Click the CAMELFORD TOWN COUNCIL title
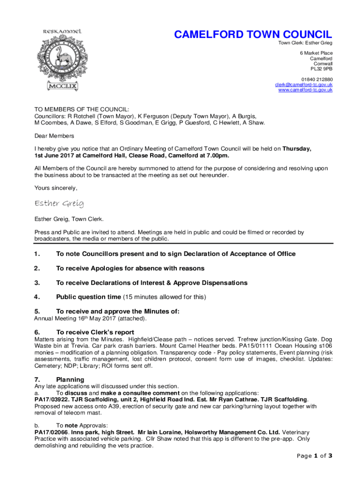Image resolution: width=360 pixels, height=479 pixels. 253,35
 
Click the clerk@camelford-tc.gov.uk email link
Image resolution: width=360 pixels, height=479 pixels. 303,85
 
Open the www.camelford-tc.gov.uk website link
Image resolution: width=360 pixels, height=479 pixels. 305,90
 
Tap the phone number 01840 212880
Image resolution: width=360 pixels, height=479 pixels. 317,80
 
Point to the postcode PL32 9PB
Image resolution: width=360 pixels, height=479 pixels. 322,69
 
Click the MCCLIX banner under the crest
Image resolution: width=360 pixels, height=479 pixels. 62,86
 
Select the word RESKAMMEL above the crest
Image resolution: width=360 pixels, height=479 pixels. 62,31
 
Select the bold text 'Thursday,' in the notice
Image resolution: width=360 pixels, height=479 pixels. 297,149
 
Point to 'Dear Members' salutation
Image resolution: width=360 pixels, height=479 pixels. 54,136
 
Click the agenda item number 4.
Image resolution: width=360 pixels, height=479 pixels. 37,297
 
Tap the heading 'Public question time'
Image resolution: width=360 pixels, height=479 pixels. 88,297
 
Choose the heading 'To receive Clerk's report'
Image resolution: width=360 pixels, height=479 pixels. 99,332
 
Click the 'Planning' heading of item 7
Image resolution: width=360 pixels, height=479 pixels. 70,379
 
